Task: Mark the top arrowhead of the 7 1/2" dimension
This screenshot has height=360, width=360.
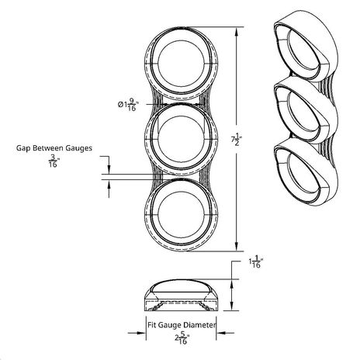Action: point(235,30)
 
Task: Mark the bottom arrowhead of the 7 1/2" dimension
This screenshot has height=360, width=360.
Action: point(235,249)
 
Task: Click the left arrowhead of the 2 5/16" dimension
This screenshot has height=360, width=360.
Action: point(146,335)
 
